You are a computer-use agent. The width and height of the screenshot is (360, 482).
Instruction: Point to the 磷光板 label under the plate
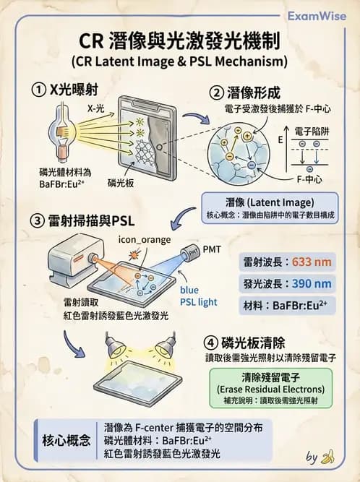(121, 184)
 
